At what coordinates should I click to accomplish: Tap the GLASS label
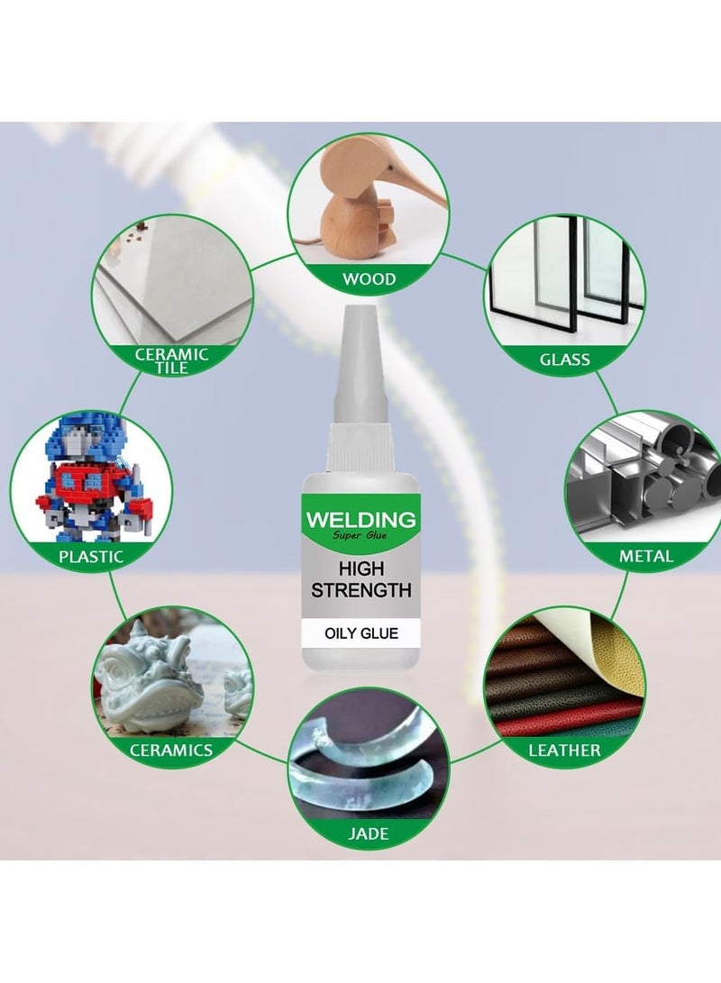coord(565,360)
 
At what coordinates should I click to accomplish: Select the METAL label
coord(646,556)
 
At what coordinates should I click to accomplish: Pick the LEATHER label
coord(565,750)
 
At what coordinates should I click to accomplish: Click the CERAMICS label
coord(171,750)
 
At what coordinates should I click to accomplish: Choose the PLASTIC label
coord(91,556)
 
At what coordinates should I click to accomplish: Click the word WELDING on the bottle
coord(360,520)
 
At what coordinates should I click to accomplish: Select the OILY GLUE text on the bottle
coord(360,634)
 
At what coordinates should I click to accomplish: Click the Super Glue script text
coord(360,539)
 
